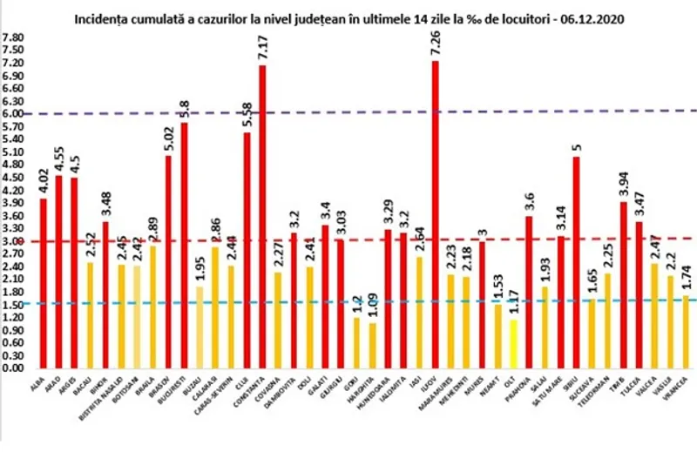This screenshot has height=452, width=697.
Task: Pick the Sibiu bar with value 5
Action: tap(577, 262)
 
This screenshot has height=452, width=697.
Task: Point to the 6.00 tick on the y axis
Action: tap(15, 114)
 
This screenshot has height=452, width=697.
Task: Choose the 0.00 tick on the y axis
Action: tap(15, 368)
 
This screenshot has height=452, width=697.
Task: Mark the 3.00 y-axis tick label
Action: tap(15, 241)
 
